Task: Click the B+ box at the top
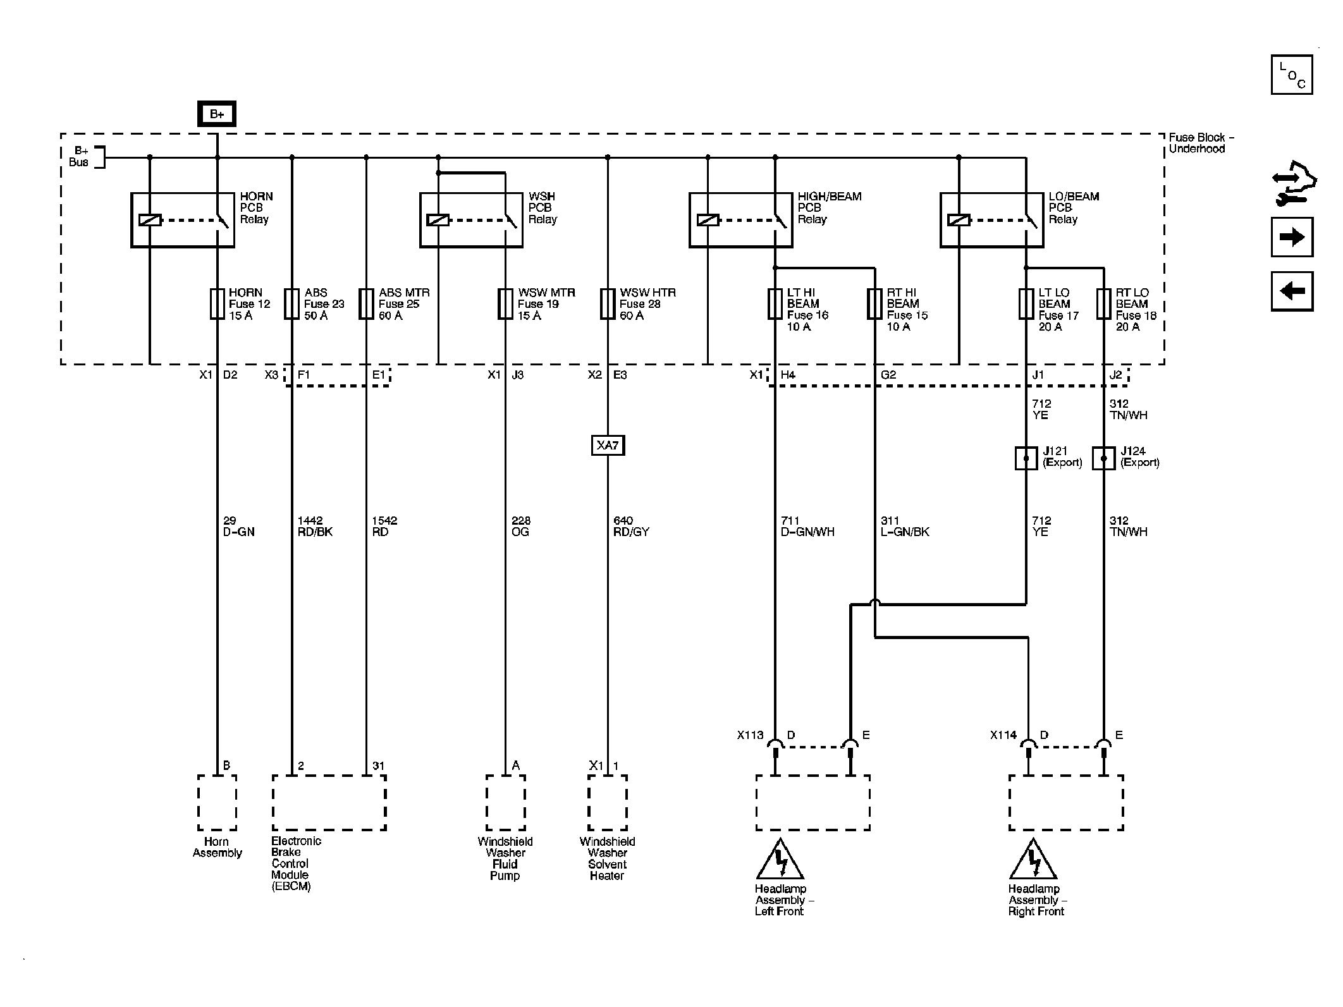point(217,114)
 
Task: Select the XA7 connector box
point(608,446)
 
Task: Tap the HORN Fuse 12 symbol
point(217,304)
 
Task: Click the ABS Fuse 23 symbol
point(291,304)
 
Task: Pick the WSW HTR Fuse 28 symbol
point(608,304)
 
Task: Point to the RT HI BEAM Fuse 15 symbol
point(875,304)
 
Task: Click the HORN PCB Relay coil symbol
point(150,220)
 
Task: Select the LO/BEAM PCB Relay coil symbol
point(959,220)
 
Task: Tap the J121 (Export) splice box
point(1026,458)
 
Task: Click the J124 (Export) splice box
point(1104,458)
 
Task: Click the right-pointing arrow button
point(1292,237)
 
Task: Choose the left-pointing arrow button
point(1292,291)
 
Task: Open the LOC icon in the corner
point(1292,75)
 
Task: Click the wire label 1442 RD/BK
point(315,527)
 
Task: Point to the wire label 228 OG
point(521,527)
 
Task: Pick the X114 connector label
point(1003,735)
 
